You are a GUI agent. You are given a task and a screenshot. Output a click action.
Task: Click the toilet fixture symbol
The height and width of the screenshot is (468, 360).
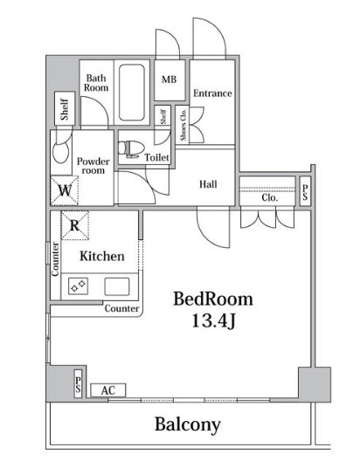[130, 149]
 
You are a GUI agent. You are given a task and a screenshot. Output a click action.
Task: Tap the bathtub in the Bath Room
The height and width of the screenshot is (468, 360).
[132, 93]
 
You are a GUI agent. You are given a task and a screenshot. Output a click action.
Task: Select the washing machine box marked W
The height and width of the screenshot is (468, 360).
[65, 190]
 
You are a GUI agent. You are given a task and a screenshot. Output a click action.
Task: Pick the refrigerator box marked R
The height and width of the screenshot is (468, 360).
[74, 225]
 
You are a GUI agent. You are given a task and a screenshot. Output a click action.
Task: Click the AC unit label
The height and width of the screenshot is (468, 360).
[108, 390]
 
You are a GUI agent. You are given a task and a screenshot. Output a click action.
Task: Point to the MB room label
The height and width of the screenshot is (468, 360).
[170, 79]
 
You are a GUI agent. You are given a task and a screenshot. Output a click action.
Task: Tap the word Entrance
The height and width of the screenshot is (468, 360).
[212, 93]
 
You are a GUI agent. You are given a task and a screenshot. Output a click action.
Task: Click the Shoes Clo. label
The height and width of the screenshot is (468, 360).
[183, 125]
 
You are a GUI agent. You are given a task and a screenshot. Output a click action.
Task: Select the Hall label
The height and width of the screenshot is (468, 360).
[208, 184]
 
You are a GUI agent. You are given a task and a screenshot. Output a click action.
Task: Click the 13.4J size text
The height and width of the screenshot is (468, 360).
[213, 321]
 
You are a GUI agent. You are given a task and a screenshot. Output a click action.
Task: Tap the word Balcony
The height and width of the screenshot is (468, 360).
[188, 424]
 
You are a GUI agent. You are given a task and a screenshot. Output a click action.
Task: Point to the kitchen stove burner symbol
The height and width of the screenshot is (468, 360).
[79, 286]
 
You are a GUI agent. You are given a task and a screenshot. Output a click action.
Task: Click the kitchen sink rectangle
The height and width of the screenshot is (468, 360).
[117, 286]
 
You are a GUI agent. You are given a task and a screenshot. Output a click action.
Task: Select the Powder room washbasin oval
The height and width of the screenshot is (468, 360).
[60, 153]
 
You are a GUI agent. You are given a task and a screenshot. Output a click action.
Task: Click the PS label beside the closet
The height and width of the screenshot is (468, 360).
[305, 192]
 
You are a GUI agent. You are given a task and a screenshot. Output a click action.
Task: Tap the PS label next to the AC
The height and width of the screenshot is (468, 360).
[78, 384]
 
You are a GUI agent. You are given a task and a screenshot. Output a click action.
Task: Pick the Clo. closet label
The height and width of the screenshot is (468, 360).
[270, 197]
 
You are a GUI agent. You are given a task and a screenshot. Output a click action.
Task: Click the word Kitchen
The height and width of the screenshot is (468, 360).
[102, 257]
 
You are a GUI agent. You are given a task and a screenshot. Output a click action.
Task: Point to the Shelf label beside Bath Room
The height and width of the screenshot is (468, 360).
[65, 109]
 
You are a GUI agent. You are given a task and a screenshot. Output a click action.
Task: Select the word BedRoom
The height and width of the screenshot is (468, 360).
[213, 299]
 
